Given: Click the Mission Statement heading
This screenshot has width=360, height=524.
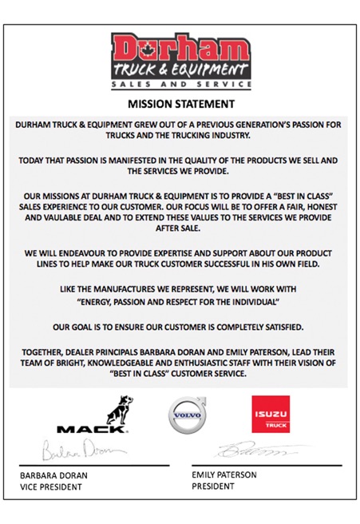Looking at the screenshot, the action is [181, 103].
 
